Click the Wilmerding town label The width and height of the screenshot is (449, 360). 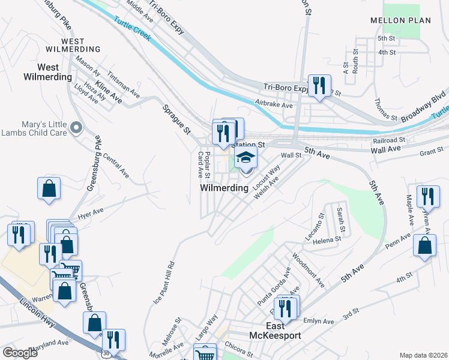[224, 188]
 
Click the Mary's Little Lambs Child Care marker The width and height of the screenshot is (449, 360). [76, 127]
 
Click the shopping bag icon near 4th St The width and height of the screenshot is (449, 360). [425, 246]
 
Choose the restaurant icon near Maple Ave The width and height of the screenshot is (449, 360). [428, 196]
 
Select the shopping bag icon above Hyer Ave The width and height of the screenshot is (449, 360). [49, 188]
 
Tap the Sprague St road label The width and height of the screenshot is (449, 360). [176, 119]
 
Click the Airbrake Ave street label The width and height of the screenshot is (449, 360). [273, 105]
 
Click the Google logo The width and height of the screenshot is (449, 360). [20, 353]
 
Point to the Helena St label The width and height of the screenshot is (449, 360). [322, 241]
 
